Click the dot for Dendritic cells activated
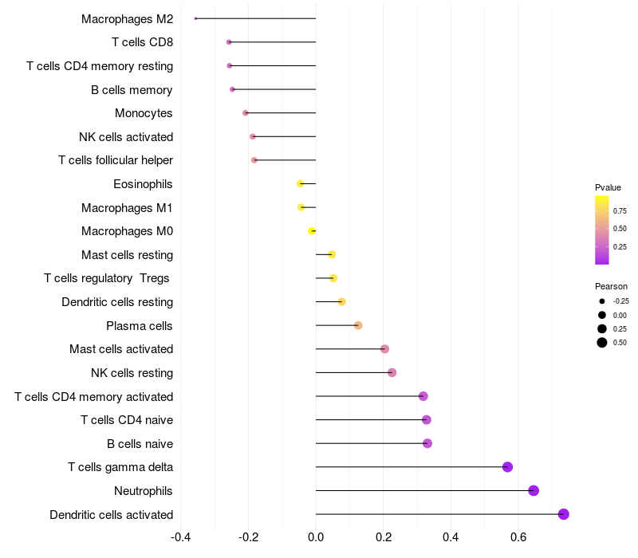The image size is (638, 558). coord(564,514)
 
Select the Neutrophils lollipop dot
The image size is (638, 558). coord(534,490)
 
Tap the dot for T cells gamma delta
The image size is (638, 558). coord(507,467)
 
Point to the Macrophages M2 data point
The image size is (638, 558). coord(195,18)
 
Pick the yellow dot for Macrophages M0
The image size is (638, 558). coord(312,231)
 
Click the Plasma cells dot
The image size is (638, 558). coord(358,325)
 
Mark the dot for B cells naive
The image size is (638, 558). coord(427,443)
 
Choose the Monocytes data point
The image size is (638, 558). coord(246,113)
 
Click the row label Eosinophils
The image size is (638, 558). coord(143,184)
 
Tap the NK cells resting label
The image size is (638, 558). coord(132,373)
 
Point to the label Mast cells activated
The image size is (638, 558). coord(121,349)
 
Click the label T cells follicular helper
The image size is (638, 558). coord(116,160)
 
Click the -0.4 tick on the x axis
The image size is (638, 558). coord(181,536)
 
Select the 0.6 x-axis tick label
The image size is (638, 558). coord(518,536)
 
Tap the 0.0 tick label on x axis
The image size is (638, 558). coord(316,536)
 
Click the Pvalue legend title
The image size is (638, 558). coord(608,187)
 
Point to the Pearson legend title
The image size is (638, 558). coord(611,286)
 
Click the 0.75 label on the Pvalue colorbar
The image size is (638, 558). coord(620,211)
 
